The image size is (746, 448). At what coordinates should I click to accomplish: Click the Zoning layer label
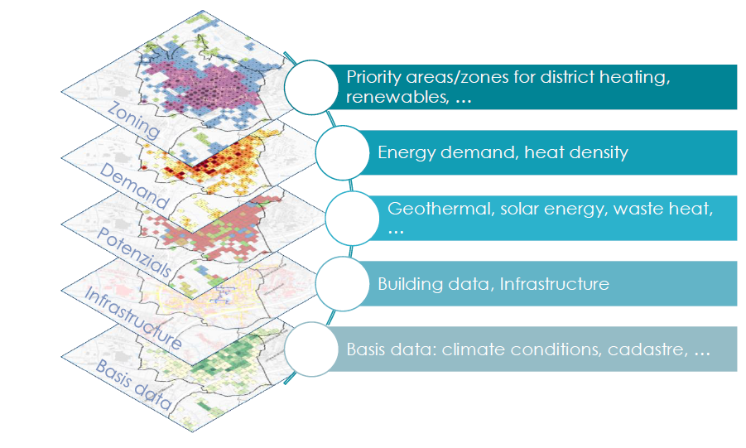pyautogui.click(x=133, y=120)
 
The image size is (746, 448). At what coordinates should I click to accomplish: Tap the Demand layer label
pyautogui.click(x=134, y=186)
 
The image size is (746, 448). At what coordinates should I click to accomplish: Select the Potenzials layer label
pyautogui.click(x=133, y=253)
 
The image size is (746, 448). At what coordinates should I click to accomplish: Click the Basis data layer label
pyautogui.click(x=133, y=385)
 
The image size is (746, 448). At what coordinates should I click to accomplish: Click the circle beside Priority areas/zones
pyautogui.click(x=311, y=87)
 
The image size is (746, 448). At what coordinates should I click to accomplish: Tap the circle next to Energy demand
pyautogui.click(x=343, y=152)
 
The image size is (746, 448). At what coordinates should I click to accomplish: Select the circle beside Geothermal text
pyautogui.click(x=353, y=218)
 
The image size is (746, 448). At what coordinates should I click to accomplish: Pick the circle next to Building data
pyautogui.click(x=343, y=284)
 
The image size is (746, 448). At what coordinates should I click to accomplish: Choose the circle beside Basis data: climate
pyautogui.click(x=311, y=349)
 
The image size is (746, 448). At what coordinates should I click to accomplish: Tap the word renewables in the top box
pyautogui.click(x=397, y=97)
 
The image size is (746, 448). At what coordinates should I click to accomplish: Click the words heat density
pyautogui.click(x=576, y=152)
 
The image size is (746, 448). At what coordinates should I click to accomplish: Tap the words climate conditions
pyautogui.click(x=522, y=350)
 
